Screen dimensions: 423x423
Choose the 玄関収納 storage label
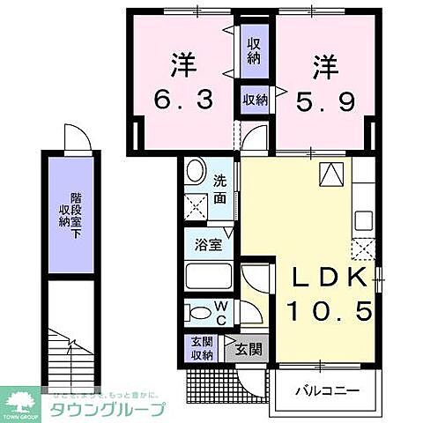click(202, 348)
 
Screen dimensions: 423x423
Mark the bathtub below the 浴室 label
click(208, 277)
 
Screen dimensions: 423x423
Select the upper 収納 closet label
click(254, 50)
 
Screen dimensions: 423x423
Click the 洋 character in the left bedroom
click(182, 63)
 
